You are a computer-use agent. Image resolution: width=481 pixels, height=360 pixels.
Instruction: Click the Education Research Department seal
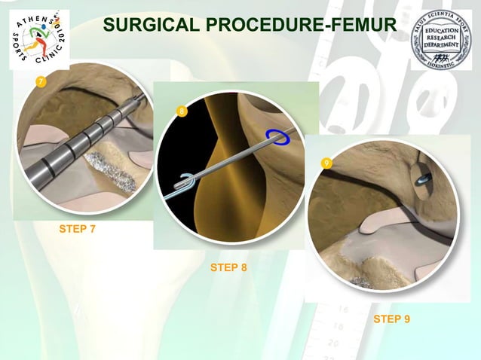(x=440, y=39)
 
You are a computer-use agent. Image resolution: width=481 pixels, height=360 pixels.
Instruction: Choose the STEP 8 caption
(x=228, y=267)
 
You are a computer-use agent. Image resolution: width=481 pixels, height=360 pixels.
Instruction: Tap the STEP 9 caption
(x=391, y=319)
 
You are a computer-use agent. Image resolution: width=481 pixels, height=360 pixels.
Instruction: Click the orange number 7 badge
(x=41, y=81)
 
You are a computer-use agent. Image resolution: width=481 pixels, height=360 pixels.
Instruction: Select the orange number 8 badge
(x=181, y=112)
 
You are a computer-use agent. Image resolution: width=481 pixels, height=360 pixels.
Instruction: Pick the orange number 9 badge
(x=326, y=163)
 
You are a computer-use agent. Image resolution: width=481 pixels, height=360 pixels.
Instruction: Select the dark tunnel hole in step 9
(x=424, y=179)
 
